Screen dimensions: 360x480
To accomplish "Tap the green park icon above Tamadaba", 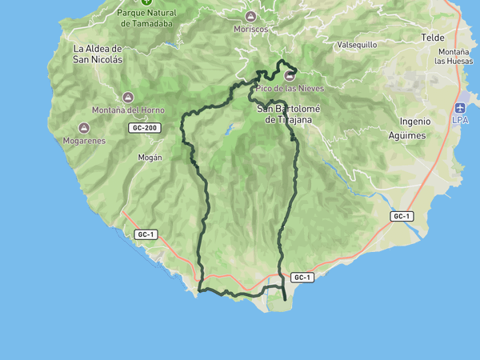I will click(146, 2).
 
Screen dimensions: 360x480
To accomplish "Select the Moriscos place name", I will click(251, 29).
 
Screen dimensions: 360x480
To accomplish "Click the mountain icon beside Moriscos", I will click(251, 17).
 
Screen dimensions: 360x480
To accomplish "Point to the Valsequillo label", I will click(357, 45).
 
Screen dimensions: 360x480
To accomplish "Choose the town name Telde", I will click(432, 38).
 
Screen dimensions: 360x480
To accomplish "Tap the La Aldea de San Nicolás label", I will click(98, 54).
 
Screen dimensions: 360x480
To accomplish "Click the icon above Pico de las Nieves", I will click(289, 75).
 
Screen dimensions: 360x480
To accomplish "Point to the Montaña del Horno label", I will click(129, 110).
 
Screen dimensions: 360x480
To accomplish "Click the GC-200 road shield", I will click(144, 128).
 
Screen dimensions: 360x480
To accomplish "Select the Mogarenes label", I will click(84, 140).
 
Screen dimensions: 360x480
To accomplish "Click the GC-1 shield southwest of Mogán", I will click(145, 234).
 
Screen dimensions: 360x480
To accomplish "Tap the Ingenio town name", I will click(415, 122).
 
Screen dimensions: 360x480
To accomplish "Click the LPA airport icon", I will click(460, 108).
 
